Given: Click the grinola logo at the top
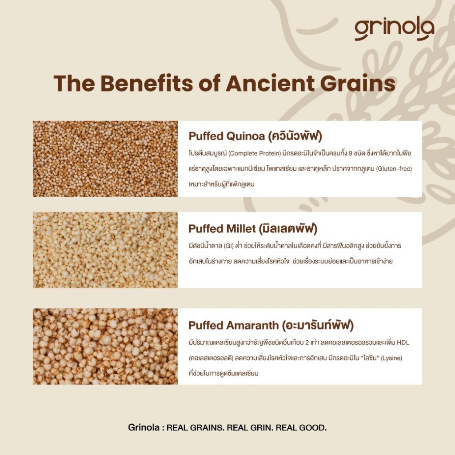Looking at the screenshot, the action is coord(395,30).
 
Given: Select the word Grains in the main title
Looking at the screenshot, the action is coord(358,83).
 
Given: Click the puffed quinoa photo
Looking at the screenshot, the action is coord(105,159).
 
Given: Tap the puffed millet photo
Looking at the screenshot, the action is coord(105,250).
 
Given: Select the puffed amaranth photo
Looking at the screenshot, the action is coord(105,347).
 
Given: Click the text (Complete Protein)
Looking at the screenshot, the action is coord(255,153).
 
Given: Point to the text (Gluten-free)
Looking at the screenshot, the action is coord(394,168).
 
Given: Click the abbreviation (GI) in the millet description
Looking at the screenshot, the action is coord(229,246).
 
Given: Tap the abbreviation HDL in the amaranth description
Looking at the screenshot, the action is coord(403,343).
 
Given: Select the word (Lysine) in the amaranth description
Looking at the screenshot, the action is coord(391,358).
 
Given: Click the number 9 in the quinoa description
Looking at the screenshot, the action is coord(351,153).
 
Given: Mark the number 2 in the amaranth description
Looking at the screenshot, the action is coord(307,343).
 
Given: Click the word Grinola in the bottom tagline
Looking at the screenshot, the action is coord(144,427).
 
